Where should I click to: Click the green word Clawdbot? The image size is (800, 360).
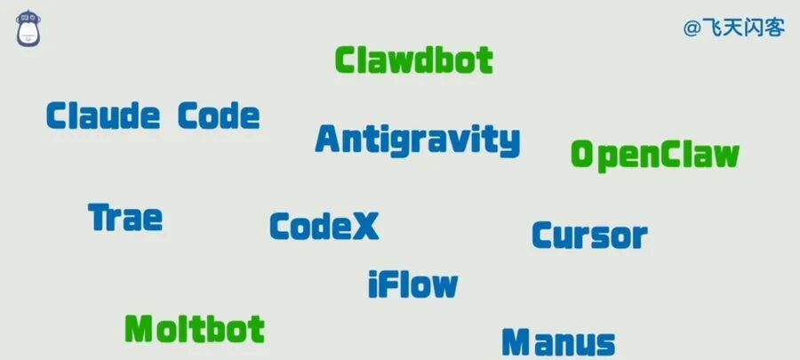[413, 60]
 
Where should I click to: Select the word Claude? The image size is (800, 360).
[103, 116]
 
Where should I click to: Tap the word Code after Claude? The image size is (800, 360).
[219, 116]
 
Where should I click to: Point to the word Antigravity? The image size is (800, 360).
[418, 140]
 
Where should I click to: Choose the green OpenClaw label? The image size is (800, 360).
[655, 155]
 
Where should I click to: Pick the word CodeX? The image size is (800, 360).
[324, 227]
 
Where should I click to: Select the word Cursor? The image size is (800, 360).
[589, 236]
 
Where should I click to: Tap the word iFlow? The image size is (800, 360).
[412, 284]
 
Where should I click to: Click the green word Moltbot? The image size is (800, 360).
[195, 329]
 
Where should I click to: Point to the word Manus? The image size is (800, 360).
[558, 342]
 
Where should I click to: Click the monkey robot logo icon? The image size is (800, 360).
[28, 28]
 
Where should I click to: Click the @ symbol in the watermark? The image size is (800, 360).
[692, 28]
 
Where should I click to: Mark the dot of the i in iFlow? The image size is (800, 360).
[373, 274]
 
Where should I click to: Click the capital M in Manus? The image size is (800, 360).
[516, 342]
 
